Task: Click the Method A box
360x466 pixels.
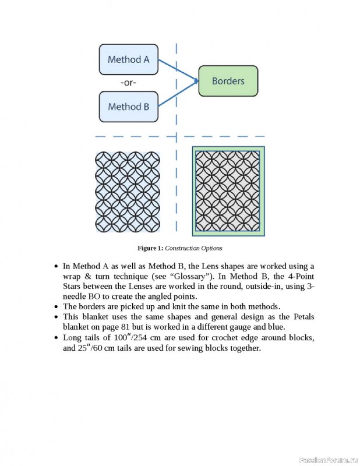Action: [128, 59]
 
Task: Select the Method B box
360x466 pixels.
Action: [128, 107]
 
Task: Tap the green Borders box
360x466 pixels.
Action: [228, 81]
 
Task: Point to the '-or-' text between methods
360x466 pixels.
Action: [128, 83]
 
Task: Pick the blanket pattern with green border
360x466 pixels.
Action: [228, 190]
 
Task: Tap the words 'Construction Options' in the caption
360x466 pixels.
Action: [193, 248]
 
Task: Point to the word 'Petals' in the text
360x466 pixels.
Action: [302, 316]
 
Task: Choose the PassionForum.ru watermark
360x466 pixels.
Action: [327, 460]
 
